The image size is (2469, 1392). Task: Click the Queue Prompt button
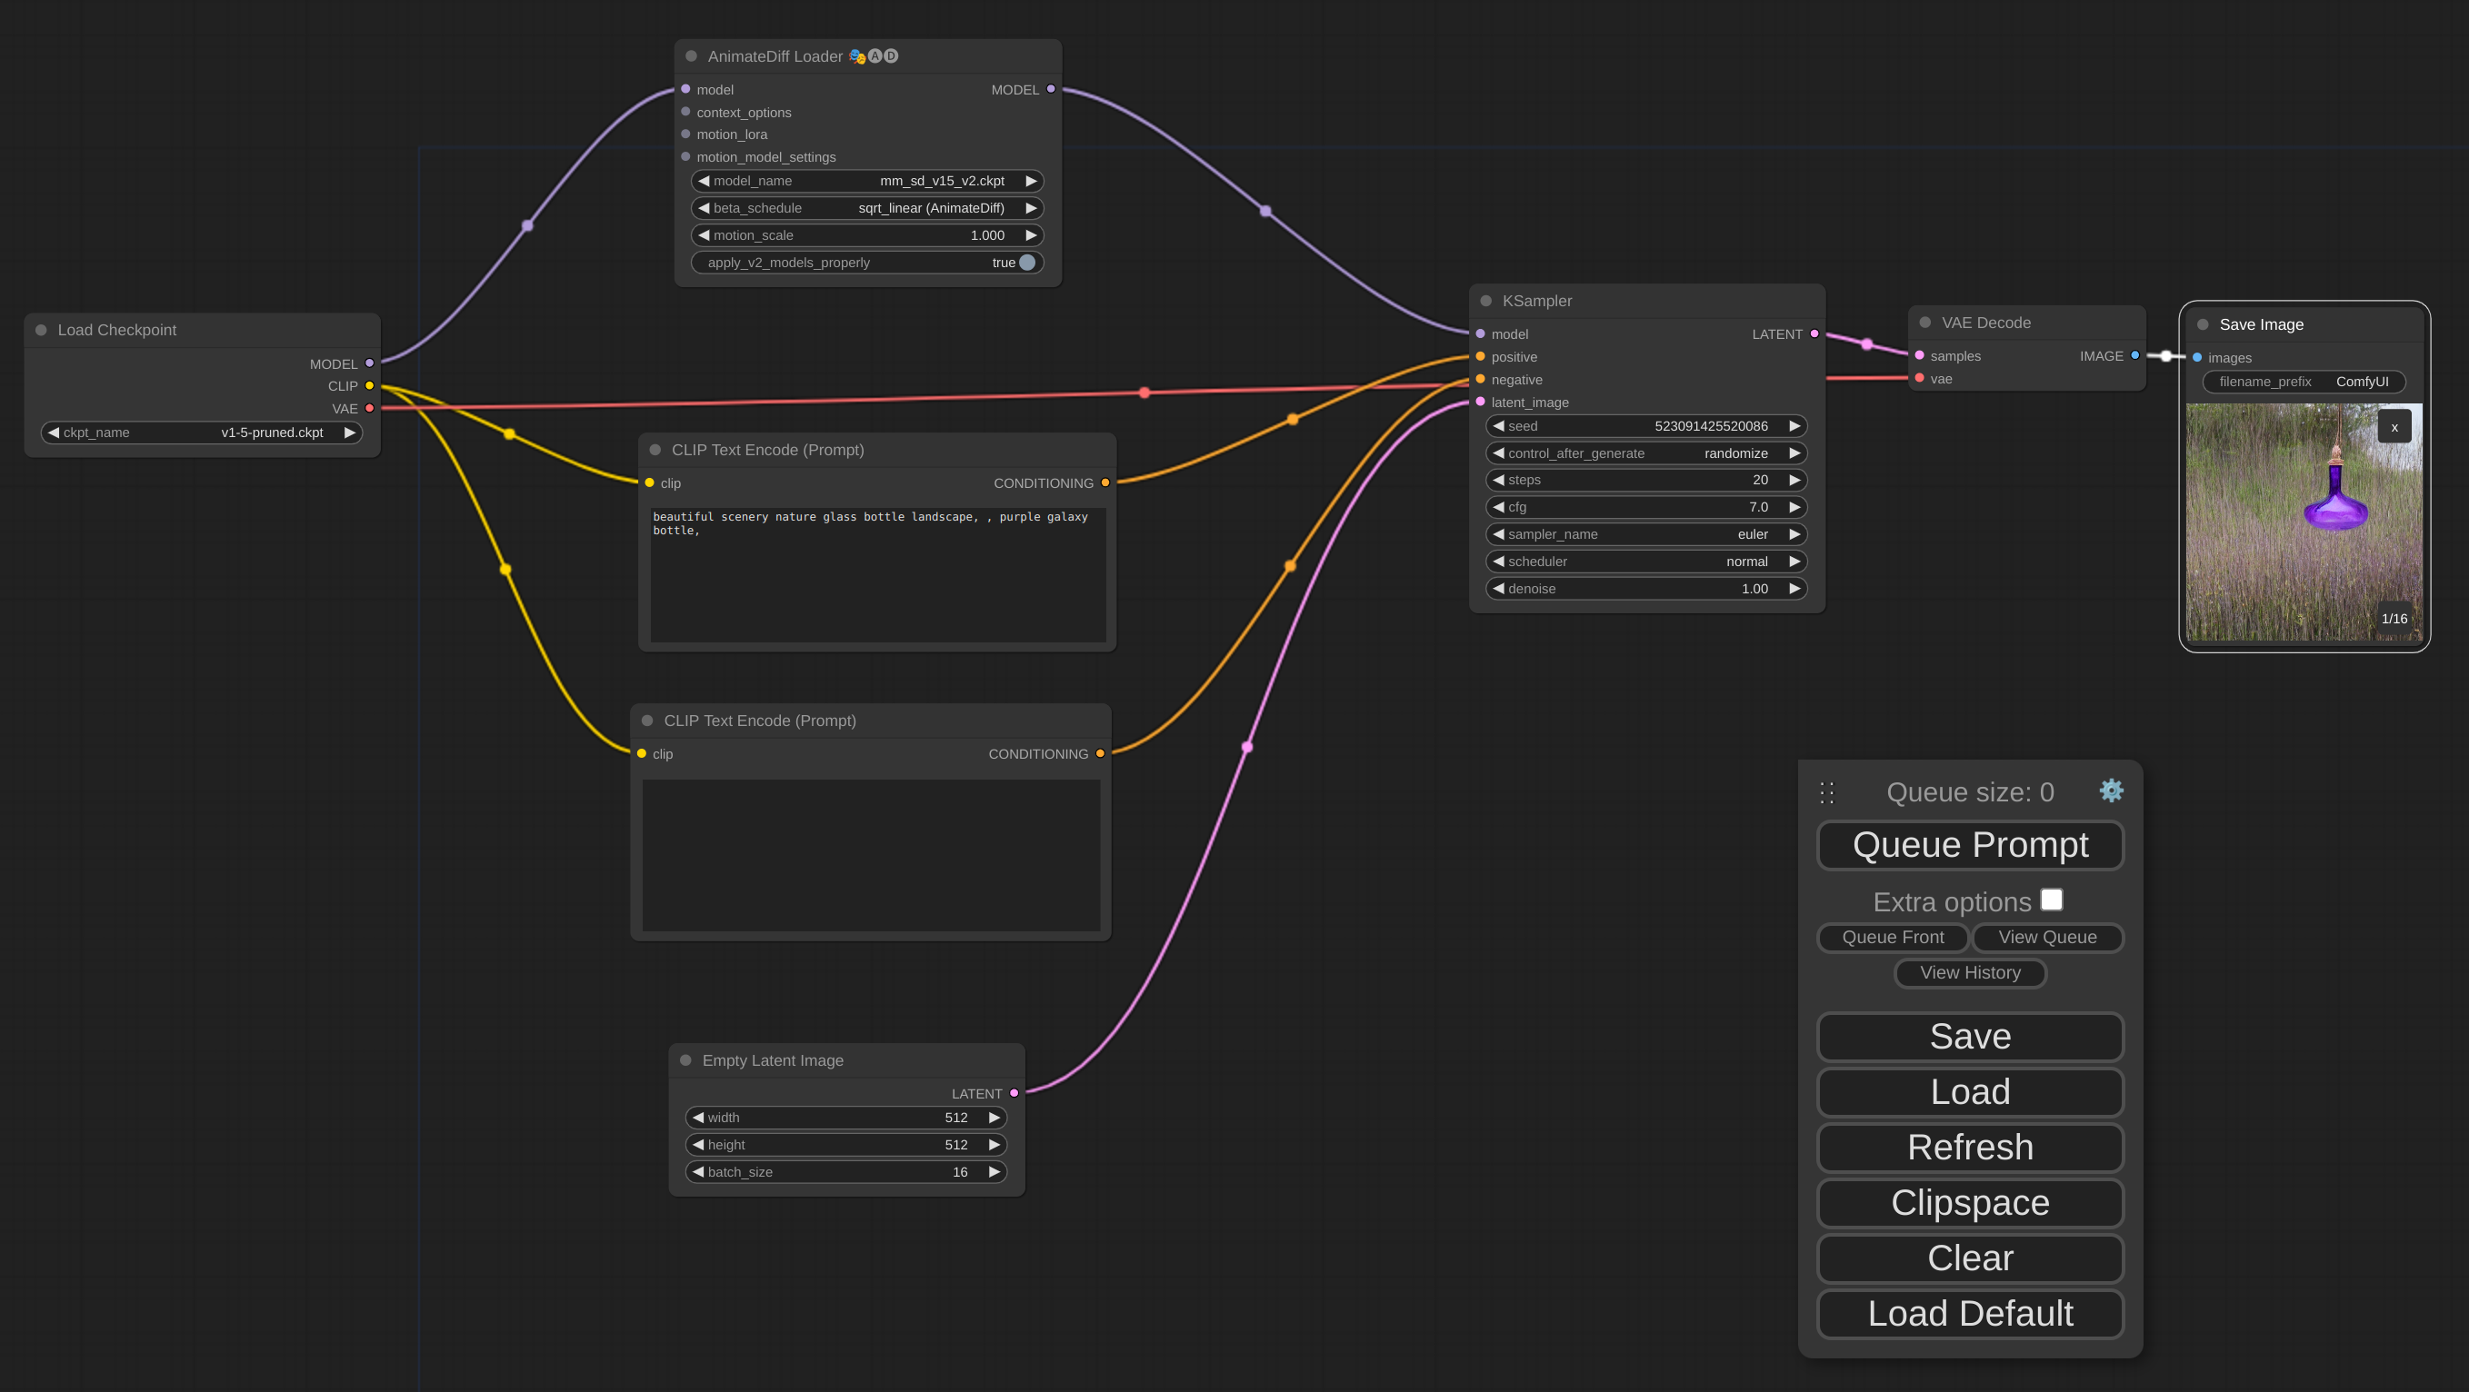[1970, 845]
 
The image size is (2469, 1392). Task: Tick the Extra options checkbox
[2051, 900]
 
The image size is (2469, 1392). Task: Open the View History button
[1970, 972]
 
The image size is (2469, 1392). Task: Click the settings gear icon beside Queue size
[2111, 790]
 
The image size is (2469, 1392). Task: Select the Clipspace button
[1970, 1202]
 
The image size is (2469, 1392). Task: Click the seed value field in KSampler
[1645, 426]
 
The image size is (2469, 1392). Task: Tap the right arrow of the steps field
[1794, 480]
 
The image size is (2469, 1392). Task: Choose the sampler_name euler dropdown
[1645, 534]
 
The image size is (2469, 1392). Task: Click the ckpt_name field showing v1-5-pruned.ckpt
[201, 433]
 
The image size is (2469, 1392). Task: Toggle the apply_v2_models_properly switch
[1026, 263]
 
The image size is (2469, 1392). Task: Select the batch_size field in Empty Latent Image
[845, 1171]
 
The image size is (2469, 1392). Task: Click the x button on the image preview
[2394, 427]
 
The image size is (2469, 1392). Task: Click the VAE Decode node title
[1986, 323]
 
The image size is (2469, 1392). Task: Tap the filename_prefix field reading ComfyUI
[2304, 382]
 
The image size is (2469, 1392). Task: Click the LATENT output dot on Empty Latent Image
[1015, 1093]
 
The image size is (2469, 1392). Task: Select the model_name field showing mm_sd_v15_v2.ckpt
[867, 181]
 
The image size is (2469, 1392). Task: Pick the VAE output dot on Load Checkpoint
[369, 408]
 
